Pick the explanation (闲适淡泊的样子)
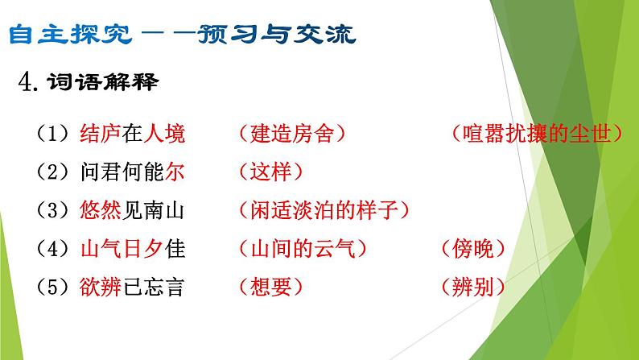(x=324, y=211)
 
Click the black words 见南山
(x=150, y=211)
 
